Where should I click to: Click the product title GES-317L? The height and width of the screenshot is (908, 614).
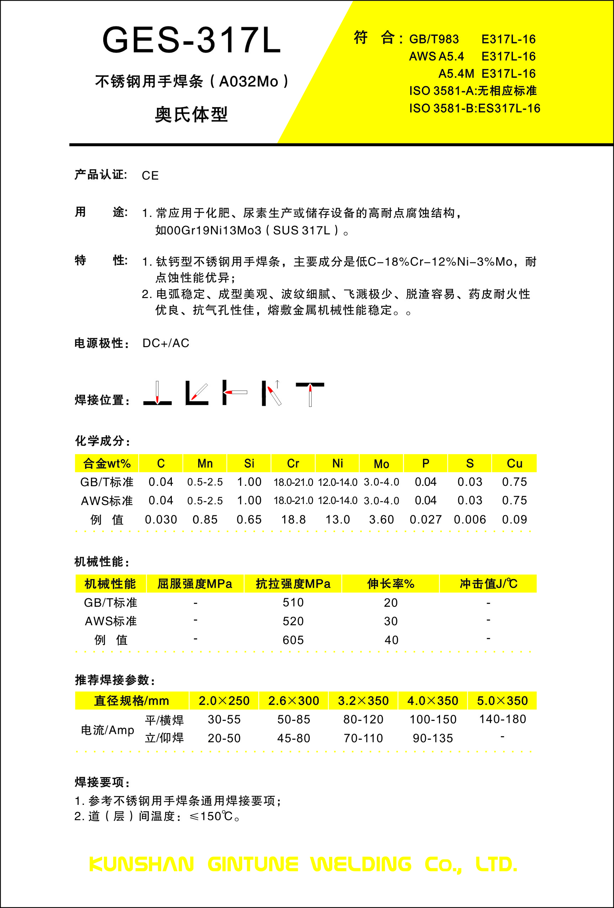click(191, 40)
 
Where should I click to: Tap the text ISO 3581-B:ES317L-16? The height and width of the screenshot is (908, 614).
click(475, 108)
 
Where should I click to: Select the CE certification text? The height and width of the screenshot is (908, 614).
click(150, 175)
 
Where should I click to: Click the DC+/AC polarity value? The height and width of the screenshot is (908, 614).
click(166, 343)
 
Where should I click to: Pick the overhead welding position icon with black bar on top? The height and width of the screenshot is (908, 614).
click(310, 394)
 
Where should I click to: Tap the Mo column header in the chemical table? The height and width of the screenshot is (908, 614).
click(381, 464)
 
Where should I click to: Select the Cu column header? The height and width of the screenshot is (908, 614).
click(514, 463)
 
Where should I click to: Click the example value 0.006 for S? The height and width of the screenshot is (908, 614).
click(470, 520)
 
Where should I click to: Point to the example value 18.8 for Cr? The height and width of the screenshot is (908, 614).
click(293, 520)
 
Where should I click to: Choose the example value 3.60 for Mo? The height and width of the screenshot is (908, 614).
click(381, 520)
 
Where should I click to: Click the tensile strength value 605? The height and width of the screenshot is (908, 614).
click(293, 640)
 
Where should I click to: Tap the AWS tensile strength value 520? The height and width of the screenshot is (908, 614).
click(293, 621)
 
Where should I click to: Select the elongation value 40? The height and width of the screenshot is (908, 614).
click(391, 640)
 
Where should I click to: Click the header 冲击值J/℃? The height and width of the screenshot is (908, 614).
click(488, 584)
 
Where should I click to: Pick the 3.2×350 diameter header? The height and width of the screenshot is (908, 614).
click(363, 701)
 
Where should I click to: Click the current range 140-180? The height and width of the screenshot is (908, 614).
click(503, 719)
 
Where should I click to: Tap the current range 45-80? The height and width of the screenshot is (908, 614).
click(293, 738)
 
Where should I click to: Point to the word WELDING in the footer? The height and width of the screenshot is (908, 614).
click(361, 864)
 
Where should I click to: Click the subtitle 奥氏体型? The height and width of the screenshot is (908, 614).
click(191, 115)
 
